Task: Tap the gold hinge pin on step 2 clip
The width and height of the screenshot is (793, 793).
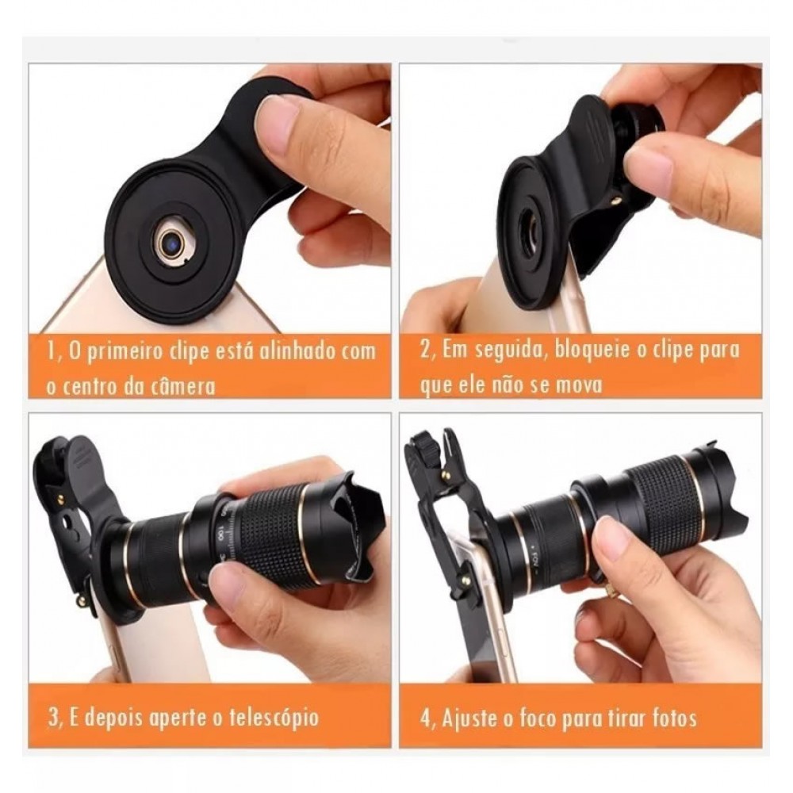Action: [x=615, y=201]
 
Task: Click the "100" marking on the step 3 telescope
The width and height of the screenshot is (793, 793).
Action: [x=221, y=534]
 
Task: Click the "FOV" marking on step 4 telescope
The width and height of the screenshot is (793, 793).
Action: [x=537, y=561]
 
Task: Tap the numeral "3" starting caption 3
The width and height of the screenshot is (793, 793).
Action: [x=52, y=718]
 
